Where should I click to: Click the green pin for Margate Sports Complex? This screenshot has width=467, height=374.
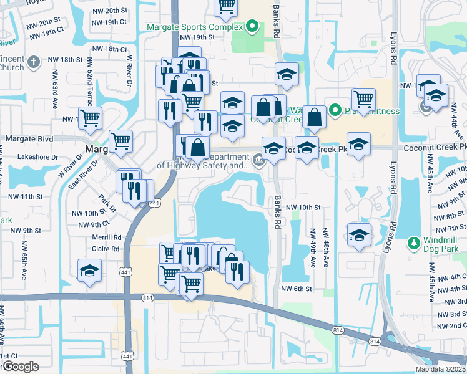252,27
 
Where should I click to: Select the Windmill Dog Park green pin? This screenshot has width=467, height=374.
413,242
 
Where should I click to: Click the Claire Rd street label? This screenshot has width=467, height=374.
105,249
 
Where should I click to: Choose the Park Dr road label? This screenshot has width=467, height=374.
107,204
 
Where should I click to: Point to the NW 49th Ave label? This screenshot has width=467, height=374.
313,248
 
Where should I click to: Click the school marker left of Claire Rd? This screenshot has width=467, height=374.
89,271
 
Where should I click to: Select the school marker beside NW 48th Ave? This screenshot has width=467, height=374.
359,235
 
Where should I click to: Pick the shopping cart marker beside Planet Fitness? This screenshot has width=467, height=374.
363,98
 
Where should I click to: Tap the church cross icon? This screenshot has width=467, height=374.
34,62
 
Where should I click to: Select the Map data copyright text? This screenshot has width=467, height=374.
440,369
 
